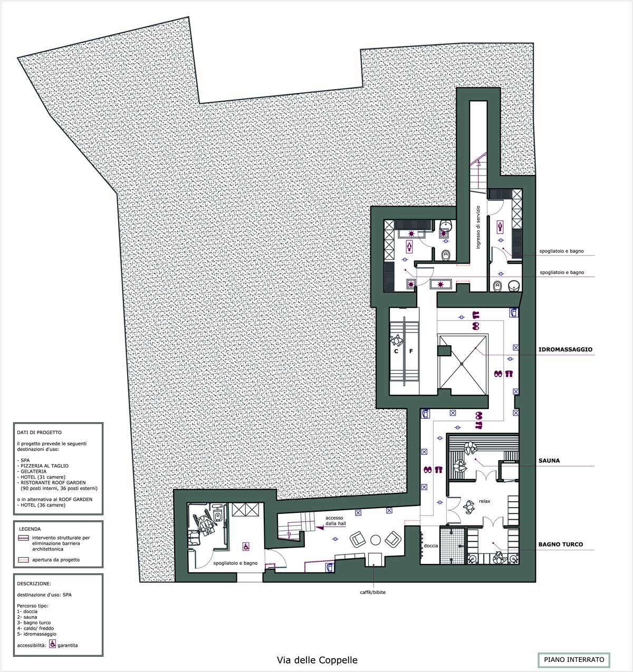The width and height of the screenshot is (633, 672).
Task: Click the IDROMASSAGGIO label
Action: point(565,349)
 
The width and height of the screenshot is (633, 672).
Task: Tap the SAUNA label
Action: point(549,461)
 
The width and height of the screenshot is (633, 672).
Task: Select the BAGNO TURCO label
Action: point(561,544)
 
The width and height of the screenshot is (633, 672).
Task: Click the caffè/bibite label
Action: point(372,592)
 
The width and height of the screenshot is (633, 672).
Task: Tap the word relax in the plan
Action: point(485,501)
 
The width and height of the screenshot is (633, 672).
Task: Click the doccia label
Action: point(431,546)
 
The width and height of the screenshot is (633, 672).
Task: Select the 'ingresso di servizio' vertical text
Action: point(478,227)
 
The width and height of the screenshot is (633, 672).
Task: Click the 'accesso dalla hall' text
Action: point(335,520)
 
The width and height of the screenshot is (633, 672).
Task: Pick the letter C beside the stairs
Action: point(396,351)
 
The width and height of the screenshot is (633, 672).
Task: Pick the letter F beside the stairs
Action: point(411,351)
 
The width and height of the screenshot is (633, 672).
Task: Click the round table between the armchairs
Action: point(375,540)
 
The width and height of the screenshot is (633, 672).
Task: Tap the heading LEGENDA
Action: point(30,529)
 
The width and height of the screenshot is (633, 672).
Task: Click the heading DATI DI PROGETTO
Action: point(39,432)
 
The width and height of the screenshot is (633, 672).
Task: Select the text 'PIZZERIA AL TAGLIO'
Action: point(44,465)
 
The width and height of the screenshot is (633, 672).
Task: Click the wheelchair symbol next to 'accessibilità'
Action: point(53,644)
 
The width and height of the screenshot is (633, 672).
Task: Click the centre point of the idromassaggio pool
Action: point(462,364)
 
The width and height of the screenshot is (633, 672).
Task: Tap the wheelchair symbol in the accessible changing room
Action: point(246,546)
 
